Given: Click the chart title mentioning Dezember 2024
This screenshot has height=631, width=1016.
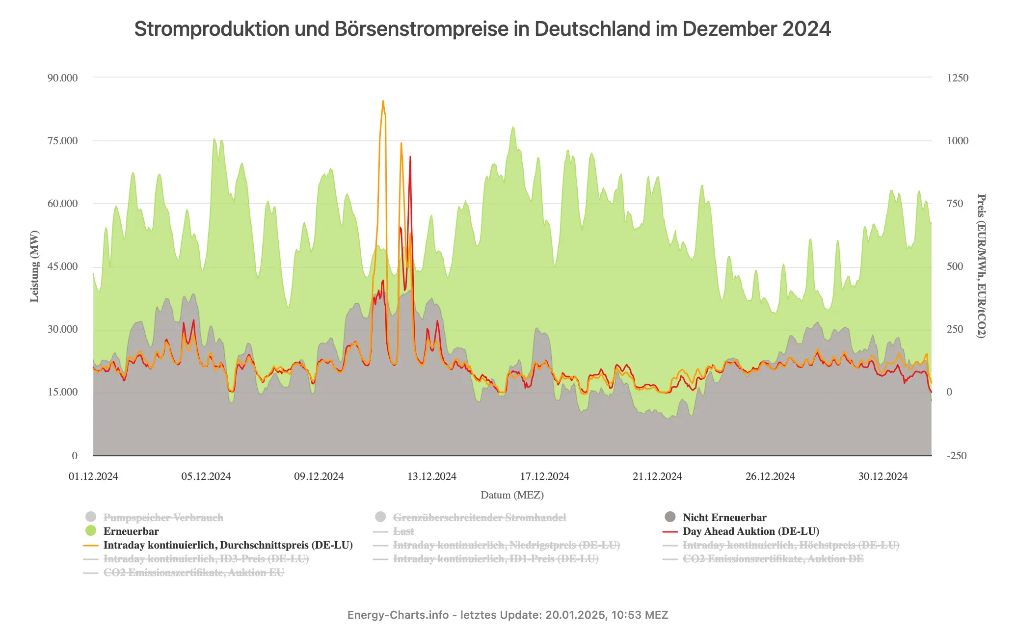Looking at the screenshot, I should pos(482,29).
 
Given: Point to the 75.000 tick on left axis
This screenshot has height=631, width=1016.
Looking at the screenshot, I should pos(62,141).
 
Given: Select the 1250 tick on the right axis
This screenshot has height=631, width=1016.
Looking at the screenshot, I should pos(957,78).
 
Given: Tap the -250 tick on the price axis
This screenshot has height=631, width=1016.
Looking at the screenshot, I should pos(956,456).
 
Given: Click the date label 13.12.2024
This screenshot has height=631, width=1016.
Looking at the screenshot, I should pos(431,476).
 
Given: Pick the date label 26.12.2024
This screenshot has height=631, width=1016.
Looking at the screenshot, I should pos(770,476).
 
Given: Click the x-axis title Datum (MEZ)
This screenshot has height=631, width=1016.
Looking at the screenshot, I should pos(512,495).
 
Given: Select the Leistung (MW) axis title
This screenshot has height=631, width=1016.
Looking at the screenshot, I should pos(34,266).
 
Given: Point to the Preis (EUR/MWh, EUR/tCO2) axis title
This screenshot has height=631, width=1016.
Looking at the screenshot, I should pos(981,266).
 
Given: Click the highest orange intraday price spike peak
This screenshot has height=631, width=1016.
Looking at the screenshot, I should pos(383,101).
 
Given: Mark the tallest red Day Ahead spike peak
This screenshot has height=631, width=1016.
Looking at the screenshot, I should pos(410,157).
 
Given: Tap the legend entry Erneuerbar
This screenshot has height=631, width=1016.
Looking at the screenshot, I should pos(131,531).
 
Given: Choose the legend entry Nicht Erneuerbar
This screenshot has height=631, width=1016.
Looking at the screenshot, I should pos(724,518).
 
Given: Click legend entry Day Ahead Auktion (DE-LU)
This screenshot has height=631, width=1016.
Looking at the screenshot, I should pos(750,531).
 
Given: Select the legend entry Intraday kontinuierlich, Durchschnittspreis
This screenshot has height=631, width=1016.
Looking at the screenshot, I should pos(228,545).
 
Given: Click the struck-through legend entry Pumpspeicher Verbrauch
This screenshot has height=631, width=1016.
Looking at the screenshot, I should pos(163,518).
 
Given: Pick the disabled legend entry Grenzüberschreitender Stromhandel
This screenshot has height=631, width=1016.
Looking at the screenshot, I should pos(479,518).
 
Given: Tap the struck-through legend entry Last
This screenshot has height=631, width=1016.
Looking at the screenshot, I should pos(403,531).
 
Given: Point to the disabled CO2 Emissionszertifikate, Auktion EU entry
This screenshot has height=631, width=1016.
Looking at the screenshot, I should pos(193,573).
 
